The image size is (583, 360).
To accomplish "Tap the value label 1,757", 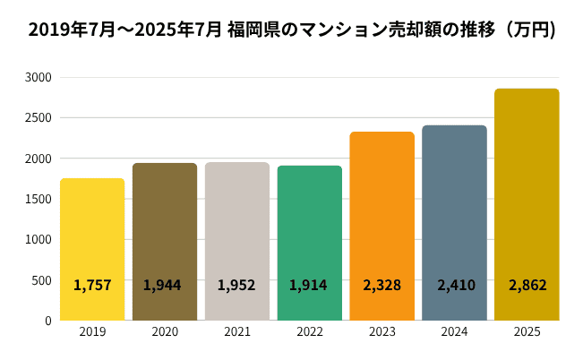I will [92, 286].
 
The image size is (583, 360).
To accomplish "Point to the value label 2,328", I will [382, 286].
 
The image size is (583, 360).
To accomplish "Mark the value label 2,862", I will [527, 286].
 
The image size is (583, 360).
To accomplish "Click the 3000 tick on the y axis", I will [39, 78].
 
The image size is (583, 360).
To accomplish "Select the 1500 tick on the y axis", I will [39, 199].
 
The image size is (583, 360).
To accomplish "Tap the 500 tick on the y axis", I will [41, 279].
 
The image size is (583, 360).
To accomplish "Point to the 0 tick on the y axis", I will [47, 320].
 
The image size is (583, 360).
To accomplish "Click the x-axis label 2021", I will [237, 332].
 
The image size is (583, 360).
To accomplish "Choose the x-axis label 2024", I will [454, 332].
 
